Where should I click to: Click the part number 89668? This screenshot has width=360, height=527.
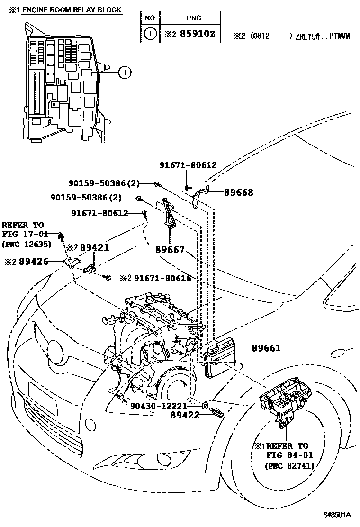pos(238,192)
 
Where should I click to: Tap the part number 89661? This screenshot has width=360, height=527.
pos(266,348)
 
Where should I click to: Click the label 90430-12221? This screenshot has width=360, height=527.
pos(159,406)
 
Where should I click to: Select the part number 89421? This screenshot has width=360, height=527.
pos(94,247)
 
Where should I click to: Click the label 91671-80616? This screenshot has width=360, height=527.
pos(162,278)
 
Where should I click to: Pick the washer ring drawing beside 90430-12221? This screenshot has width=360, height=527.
pos(206,406)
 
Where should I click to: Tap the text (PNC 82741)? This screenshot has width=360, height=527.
pos(289,465)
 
